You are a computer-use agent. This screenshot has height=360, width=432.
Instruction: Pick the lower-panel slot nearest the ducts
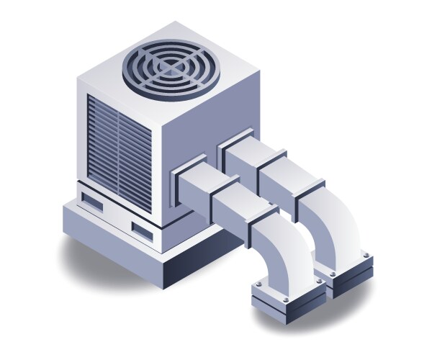pos(142,230)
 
